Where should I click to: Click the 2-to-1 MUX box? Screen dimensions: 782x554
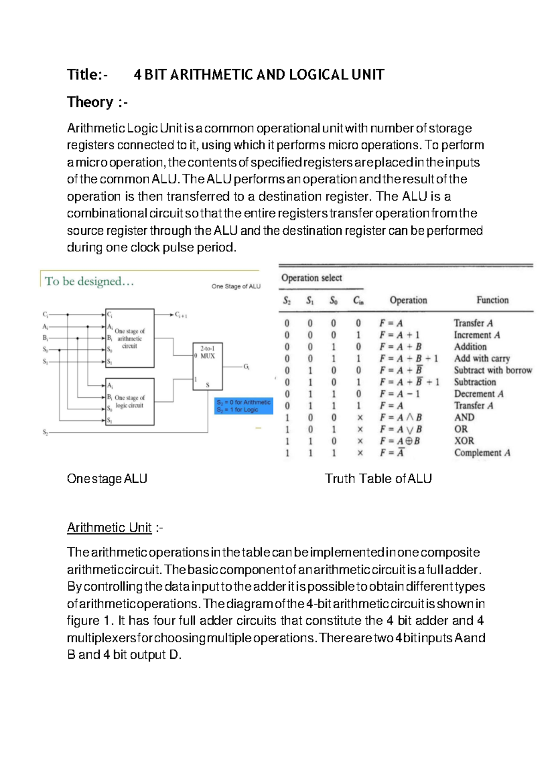point(207,366)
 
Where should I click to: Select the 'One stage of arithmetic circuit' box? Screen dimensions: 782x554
point(130,338)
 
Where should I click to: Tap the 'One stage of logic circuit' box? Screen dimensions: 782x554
point(130,402)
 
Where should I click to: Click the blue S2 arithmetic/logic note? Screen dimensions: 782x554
point(244,406)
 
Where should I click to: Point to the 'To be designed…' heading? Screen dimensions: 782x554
point(89,281)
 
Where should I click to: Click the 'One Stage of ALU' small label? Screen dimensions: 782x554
point(236,286)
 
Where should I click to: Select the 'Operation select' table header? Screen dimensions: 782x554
point(312,278)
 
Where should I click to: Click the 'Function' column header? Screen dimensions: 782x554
point(492,300)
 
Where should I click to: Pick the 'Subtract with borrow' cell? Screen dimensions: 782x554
point(493,370)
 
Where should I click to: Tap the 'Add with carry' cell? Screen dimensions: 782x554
point(482,358)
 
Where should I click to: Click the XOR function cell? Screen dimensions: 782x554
point(464,441)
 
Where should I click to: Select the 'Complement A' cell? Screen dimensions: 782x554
point(482,453)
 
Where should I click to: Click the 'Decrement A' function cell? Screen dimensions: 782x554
point(478,394)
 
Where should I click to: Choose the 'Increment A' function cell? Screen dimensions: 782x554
point(476,335)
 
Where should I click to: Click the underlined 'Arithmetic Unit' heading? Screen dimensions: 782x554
point(109,527)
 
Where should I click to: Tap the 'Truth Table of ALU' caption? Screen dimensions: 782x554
point(378,479)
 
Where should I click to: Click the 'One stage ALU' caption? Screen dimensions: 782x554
point(107,479)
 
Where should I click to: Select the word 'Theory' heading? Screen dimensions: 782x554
point(90,102)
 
